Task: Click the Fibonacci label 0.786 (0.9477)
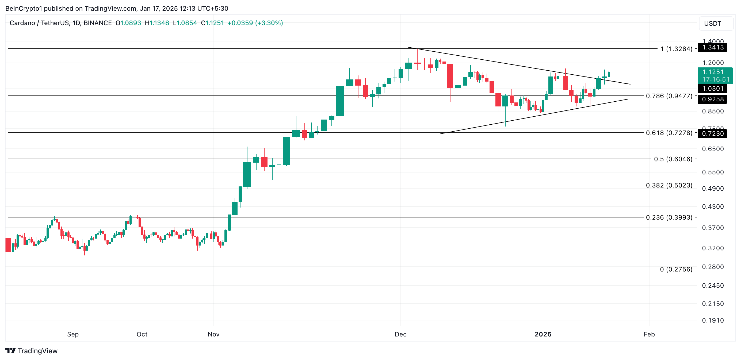tap(669, 96)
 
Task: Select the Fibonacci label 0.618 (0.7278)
tap(669, 133)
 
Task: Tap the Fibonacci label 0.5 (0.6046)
tap(673, 159)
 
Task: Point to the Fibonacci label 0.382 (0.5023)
tap(669, 185)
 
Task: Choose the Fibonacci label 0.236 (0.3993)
tap(669, 217)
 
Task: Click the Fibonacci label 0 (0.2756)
tap(676, 269)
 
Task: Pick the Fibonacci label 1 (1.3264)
tap(676, 49)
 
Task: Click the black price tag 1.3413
tap(713, 47)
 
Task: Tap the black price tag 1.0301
tap(713, 89)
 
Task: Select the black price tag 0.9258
tap(713, 99)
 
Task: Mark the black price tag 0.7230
tap(713, 134)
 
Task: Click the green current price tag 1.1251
tap(715, 72)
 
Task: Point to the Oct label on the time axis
tap(142, 334)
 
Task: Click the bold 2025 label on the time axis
tap(543, 334)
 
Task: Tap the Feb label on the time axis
tap(649, 334)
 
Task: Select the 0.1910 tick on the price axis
tap(713, 321)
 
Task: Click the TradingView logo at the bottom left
tap(32, 351)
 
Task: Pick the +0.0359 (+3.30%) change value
tap(255, 23)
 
